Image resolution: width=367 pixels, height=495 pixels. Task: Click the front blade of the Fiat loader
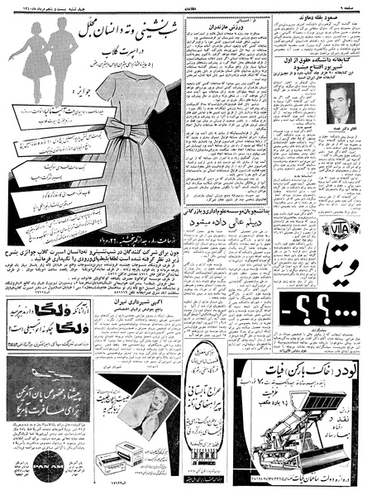274,459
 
